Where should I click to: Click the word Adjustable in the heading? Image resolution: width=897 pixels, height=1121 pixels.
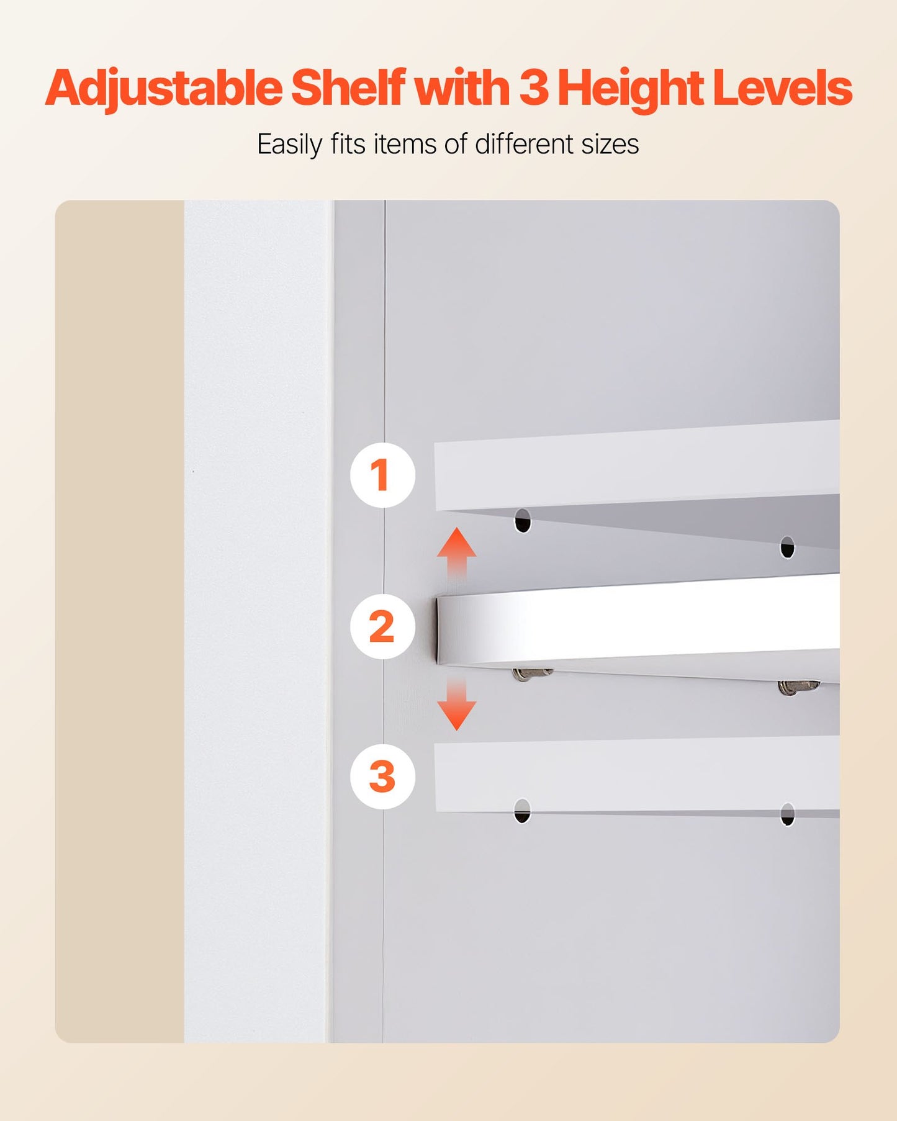(x=163, y=89)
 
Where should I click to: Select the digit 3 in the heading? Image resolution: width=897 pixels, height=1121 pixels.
(x=534, y=88)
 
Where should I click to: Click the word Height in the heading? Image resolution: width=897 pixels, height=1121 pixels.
(x=630, y=89)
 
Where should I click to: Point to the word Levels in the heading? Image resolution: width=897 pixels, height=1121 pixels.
(x=782, y=88)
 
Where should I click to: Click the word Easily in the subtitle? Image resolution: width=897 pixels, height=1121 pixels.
(x=290, y=145)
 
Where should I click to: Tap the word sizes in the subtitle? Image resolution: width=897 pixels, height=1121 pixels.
(x=610, y=144)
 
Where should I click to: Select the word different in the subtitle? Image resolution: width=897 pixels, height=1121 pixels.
(x=525, y=144)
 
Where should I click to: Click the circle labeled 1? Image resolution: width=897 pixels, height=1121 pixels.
(x=382, y=475)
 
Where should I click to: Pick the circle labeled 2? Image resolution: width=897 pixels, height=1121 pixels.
(x=382, y=626)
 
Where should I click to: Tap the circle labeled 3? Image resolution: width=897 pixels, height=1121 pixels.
(x=382, y=777)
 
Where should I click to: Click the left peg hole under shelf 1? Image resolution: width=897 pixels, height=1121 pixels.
(x=523, y=521)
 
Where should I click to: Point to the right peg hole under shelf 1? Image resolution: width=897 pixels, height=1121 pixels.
(x=787, y=547)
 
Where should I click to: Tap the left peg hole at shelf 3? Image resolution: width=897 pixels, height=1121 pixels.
(x=523, y=811)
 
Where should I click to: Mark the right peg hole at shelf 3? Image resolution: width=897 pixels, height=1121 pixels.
(x=787, y=814)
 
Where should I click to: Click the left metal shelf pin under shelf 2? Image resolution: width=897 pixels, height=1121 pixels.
(x=531, y=673)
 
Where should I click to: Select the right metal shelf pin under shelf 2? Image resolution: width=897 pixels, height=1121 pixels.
(x=798, y=687)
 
